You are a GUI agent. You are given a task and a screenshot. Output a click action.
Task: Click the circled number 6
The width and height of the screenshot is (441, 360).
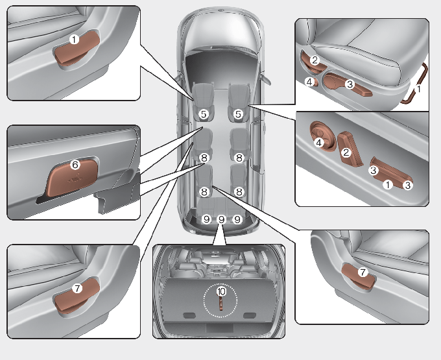click(75, 165)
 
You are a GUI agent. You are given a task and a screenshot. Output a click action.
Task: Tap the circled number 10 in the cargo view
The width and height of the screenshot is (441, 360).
click(222, 292)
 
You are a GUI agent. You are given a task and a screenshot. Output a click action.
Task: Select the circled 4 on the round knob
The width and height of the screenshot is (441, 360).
click(319, 143)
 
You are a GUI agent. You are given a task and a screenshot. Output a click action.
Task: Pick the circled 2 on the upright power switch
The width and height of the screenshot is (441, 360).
click(346, 152)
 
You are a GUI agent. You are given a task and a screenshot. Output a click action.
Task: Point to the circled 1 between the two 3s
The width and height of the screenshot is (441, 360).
click(388, 184)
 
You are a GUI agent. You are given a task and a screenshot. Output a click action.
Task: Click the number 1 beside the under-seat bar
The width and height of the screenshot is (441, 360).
click(418, 89)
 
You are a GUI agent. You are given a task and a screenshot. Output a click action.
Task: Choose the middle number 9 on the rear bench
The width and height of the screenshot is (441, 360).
click(221, 219)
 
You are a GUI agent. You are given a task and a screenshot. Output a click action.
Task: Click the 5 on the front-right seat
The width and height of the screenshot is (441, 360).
click(239, 114)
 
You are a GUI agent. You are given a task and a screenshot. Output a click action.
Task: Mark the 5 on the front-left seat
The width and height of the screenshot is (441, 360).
click(204, 114)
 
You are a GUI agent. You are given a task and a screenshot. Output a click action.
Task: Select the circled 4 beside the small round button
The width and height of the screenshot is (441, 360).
click(310, 82)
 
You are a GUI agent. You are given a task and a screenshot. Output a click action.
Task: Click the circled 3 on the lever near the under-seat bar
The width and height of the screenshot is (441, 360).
click(349, 84)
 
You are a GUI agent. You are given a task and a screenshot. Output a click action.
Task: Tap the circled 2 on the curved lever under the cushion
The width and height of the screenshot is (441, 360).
click(315, 60)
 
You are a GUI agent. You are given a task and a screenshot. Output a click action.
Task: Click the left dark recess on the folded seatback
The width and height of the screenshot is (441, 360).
click(190, 315)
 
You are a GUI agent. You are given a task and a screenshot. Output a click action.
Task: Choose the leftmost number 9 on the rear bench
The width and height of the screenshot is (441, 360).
click(206, 219)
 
